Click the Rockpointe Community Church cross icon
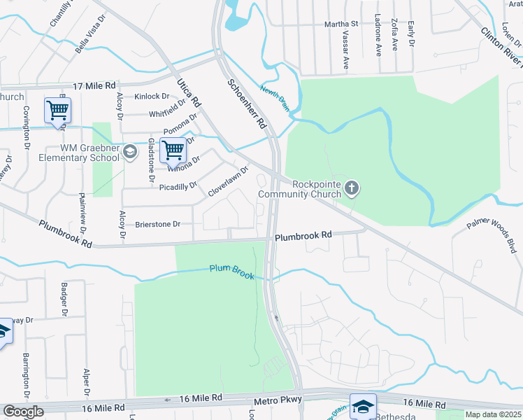[352, 188]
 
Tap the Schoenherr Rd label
[248, 103]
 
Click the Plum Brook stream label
[231, 272]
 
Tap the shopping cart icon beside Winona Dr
[173, 149]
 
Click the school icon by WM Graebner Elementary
[129, 151]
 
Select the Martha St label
[341, 24]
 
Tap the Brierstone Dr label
[157, 224]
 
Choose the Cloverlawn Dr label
[229, 181]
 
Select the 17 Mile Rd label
[94, 85]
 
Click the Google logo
[23, 412]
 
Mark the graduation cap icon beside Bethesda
[364, 406]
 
